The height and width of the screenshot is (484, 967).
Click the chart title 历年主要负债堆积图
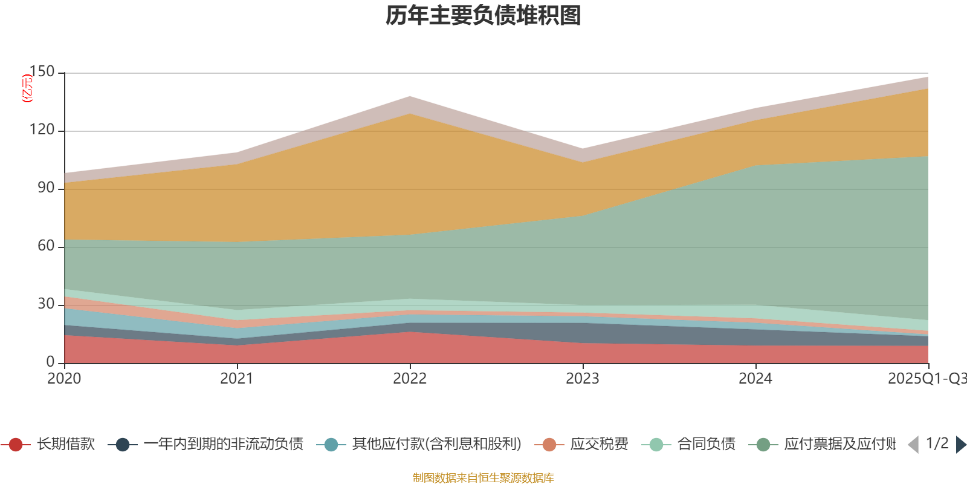click(483, 16)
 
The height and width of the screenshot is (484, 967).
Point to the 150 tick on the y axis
click(42, 72)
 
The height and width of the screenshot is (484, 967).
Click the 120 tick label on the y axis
click(42, 130)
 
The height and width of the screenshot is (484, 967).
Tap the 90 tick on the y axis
click(46, 188)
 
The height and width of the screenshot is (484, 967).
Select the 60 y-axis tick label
click(46, 246)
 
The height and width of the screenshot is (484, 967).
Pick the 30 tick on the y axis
click(46, 304)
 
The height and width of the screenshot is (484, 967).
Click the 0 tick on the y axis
click(50, 362)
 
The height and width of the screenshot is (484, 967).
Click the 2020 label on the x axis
click(64, 379)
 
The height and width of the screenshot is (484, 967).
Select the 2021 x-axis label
click(237, 379)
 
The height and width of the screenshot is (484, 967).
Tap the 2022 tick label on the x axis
click(410, 379)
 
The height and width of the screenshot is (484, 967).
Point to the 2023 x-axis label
click(583, 379)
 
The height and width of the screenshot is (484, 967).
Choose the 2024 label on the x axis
click(755, 379)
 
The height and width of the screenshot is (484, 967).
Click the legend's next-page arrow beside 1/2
click(960, 445)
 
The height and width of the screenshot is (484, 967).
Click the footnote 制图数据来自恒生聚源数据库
click(483, 478)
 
